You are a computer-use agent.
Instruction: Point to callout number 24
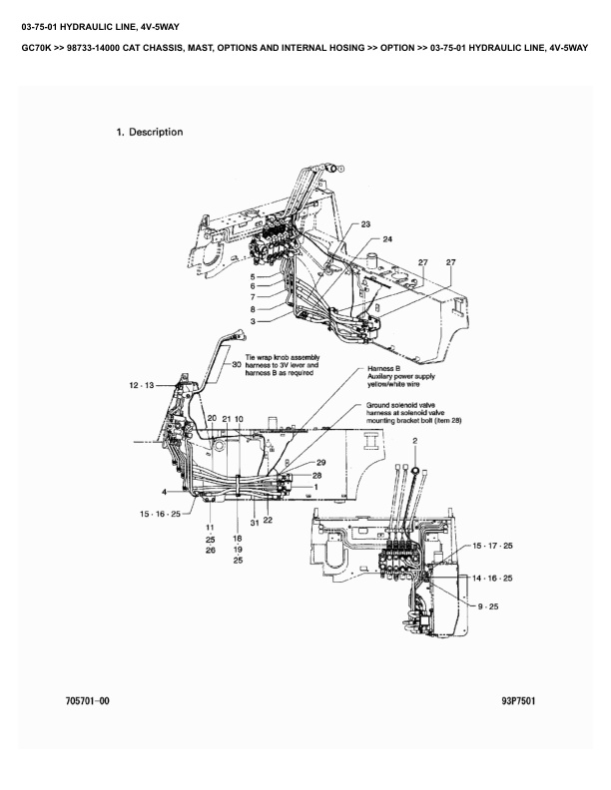point(388,239)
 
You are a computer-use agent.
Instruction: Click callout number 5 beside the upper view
point(254,276)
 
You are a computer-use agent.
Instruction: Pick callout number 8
point(254,309)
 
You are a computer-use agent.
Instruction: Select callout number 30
point(236,365)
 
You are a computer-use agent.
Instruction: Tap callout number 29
point(321,463)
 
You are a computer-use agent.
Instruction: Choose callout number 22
point(269,520)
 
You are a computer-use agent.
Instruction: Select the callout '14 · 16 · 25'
point(492,578)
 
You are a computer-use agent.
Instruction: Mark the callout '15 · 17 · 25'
point(492,546)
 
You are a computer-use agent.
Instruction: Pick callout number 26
point(211,550)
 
